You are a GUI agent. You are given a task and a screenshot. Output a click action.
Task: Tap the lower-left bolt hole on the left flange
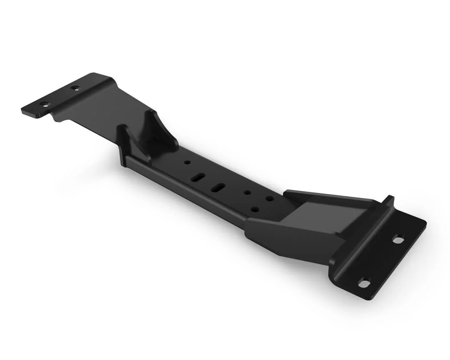click(44, 103)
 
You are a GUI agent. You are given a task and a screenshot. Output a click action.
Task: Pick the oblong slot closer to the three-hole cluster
click(217, 188)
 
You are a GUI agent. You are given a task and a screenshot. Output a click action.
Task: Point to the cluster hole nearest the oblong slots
click(247, 193)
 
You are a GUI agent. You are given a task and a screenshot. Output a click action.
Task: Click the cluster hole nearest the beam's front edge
click(255, 209)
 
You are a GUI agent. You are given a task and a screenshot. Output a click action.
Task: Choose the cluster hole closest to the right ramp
click(270, 198)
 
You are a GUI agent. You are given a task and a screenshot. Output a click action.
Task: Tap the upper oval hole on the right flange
click(398, 240)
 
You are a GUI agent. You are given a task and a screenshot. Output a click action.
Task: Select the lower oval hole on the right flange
click(364, 283)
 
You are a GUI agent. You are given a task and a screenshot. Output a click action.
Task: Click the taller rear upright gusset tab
click(151, 125)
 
